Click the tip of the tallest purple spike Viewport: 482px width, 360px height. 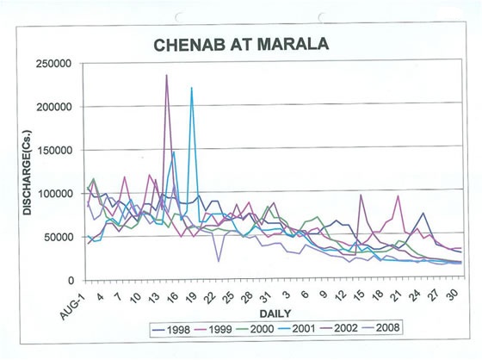[x=166, y=75]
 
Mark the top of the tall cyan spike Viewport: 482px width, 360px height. [x=191, y=88]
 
